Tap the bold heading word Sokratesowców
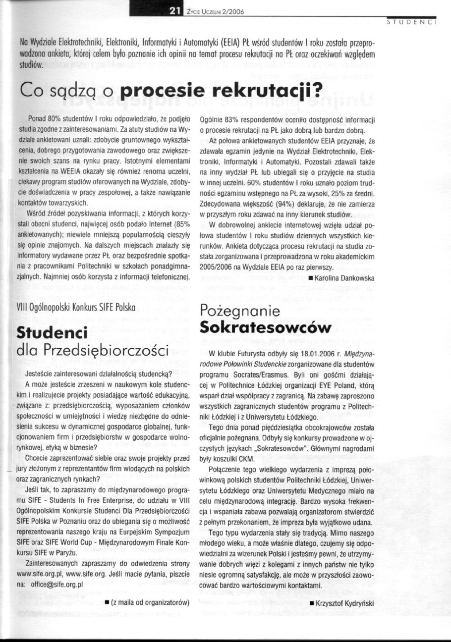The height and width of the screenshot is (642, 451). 265,327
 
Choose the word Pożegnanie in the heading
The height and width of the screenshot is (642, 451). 240,311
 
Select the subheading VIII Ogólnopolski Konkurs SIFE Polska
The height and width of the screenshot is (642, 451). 76,308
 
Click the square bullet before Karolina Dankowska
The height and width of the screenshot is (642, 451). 310,277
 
